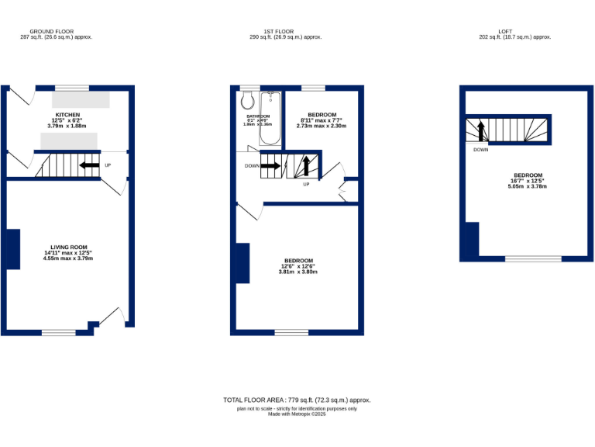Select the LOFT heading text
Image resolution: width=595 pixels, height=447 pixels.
point(514,31)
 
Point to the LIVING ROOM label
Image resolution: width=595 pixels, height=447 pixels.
point(67,247)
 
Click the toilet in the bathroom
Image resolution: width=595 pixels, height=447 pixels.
point(248,100)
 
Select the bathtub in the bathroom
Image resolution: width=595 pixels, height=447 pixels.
point(270,118)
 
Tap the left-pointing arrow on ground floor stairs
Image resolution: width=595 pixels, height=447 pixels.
point(89,165)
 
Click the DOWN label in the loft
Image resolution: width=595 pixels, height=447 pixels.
point(480,150)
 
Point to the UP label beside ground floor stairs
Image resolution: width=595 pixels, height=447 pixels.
point(107,165)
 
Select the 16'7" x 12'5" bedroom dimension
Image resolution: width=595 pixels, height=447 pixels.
point(526,181)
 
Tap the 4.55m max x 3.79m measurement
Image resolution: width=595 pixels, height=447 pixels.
point(67,258)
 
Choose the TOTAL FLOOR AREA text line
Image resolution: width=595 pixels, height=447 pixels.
point(297,400)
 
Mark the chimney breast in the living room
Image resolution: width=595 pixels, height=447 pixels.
point(12,249)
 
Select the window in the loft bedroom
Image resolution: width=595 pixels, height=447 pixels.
point(533,258)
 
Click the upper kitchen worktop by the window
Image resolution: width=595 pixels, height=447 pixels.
point(81,100)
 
